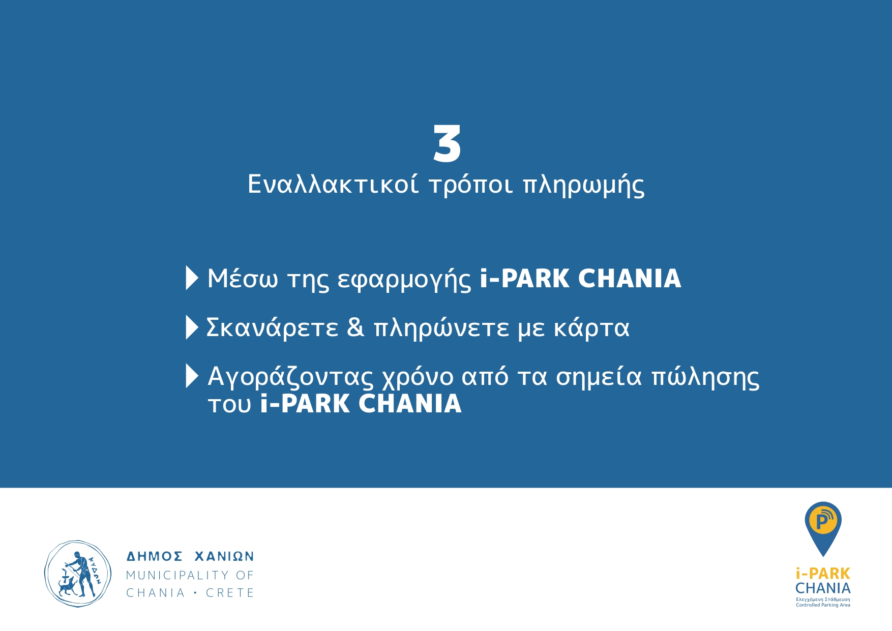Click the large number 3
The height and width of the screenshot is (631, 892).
[447, 144]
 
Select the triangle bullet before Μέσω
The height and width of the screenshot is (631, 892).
[192, 278]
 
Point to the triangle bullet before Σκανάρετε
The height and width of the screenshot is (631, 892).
[192, 327]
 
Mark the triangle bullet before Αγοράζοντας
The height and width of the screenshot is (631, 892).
[192, 376]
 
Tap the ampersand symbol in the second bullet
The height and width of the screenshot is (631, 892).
[355, 327]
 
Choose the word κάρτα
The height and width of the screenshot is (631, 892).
[591, 328]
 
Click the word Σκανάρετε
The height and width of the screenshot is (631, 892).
[272, 328]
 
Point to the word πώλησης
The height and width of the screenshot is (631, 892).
[705, 378]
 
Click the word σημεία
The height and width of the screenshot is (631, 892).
[599, 378]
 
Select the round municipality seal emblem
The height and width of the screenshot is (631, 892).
[78, 574]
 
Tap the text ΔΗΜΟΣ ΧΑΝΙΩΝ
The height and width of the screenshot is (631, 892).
[190, 557]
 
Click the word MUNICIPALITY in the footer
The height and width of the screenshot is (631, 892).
[177, 575]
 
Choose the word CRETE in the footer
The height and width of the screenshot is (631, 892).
[230, 593]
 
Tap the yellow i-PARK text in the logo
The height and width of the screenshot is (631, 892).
[823, 574]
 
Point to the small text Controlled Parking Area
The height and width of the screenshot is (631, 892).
[823, 605]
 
